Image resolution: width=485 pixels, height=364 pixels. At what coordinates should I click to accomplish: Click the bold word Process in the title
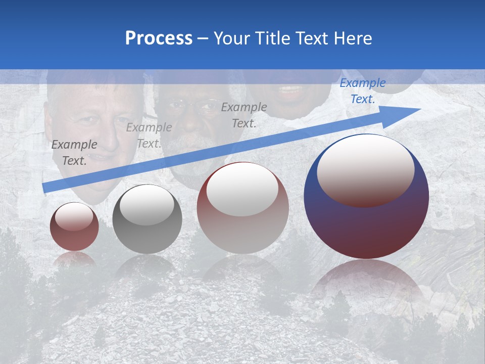159,38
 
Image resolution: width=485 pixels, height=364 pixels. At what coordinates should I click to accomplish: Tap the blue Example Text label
362,91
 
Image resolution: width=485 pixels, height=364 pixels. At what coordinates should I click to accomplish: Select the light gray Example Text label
149,135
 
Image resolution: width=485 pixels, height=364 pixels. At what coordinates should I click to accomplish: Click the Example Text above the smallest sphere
74,152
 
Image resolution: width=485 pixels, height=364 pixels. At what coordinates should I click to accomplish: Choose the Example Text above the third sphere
244,115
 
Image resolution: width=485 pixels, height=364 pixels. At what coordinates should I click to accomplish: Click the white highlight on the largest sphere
365,169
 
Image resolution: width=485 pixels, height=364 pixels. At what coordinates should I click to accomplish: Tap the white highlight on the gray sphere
147,204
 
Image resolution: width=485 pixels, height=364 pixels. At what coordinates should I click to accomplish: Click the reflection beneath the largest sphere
366,283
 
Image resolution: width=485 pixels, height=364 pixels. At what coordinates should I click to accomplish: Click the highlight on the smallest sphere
74,216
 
